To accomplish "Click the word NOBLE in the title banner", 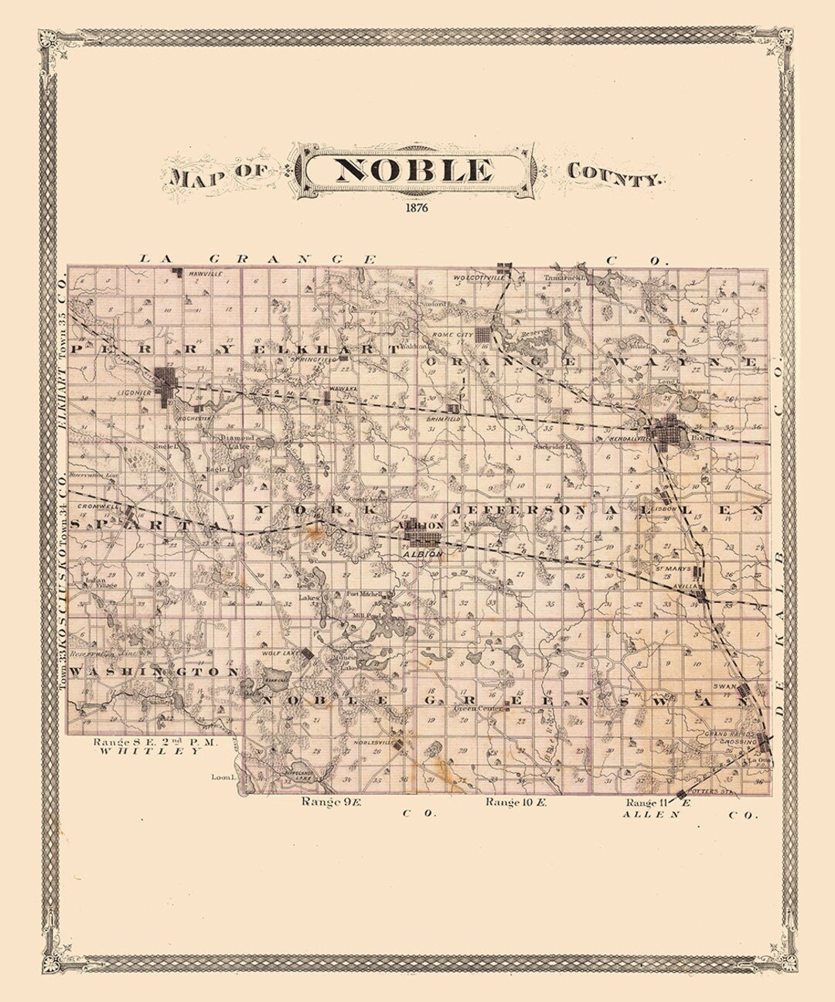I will point(415,170).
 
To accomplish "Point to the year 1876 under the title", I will point(415,207).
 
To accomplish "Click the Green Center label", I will point(476,707).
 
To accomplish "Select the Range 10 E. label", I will point(516,803).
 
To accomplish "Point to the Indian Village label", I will point(101,582).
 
